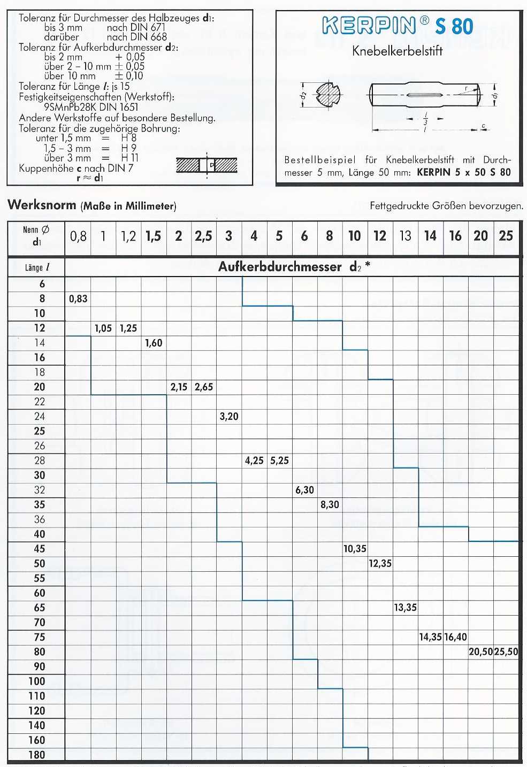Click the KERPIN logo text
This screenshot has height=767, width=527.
[x=369, y=26]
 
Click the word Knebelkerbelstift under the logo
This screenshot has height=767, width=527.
[x=397, y=51]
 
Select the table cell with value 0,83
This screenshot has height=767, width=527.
[x=78, y=299]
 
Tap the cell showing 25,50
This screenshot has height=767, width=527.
[x=506, y=652]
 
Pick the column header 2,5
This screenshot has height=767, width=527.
[x=203, y=236]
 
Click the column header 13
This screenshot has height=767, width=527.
[x=405, y=236]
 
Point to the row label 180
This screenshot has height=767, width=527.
[x=37, y=755]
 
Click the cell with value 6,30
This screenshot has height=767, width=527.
[x=304, y=490]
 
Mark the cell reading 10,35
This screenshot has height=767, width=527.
[x=355, y=549]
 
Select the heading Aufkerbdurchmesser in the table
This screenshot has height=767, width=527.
[x=280, y=267]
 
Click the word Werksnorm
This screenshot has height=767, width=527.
[x=42, y=205]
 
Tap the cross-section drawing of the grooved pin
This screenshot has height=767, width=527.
[x=327, y=95]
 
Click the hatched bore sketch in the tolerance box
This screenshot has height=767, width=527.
[x=207, y=165]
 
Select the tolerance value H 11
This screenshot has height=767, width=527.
[x=129, y=158]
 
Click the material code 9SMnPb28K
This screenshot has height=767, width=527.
[x=70, y=107]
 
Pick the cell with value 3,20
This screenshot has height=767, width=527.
[x=229, y=417]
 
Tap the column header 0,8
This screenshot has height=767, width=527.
[x=78, y=236]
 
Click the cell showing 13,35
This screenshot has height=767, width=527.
[x=405, y=608]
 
